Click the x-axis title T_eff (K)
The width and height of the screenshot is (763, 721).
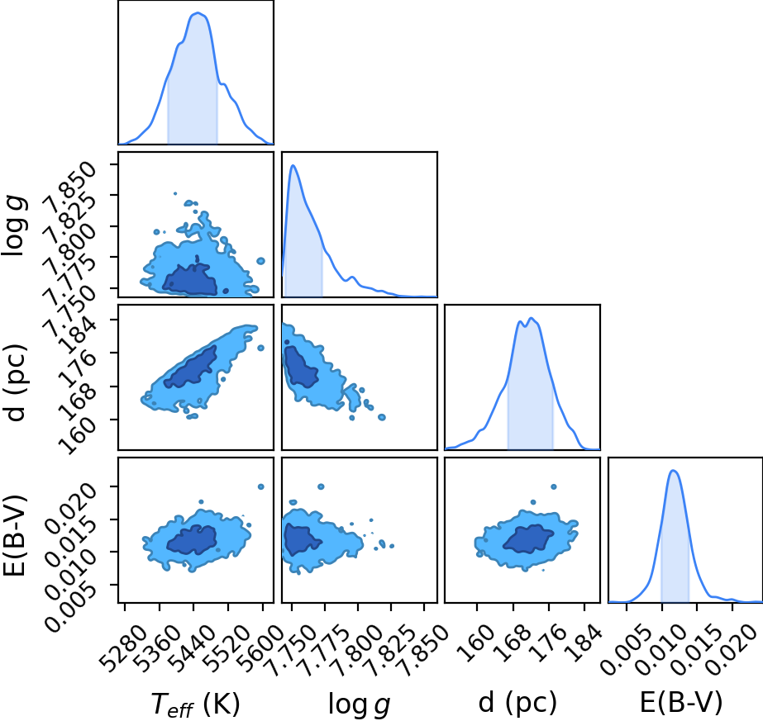pyautogui.click(x=195, y=704)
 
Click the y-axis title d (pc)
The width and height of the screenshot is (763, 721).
pyautogui.click(x=15, y=382)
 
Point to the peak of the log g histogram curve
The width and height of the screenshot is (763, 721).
pyautogui.click(x=293, y=165)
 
